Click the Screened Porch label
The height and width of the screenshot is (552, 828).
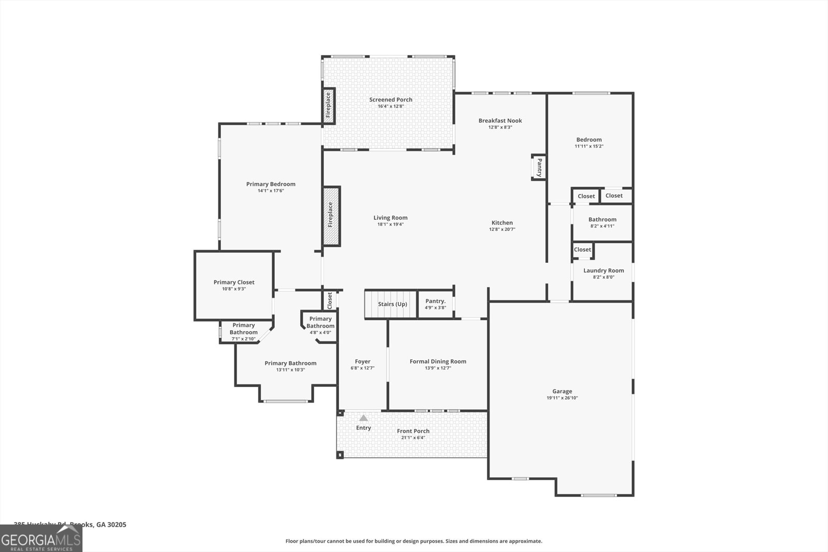pos(391,100)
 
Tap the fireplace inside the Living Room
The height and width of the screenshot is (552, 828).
pos(331,216)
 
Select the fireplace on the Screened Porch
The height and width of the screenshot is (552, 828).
pos(328,106)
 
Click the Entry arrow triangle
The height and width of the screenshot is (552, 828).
pos(363,418)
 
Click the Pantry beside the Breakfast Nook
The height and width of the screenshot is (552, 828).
pos(539,167)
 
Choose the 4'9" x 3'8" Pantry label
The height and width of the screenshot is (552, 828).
pos(435,307)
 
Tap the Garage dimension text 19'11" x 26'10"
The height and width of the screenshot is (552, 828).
pos(562,398)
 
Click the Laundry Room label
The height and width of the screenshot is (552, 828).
pos(603,271)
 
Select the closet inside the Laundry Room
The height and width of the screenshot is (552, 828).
pos(582,250)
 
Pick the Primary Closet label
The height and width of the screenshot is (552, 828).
pos(234,282)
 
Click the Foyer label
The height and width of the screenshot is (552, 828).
pos(362,362)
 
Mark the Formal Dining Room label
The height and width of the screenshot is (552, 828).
pos(438,362)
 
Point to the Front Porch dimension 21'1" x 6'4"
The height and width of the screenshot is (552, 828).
pos(413,438)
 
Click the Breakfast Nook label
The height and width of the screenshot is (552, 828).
pos(500,121)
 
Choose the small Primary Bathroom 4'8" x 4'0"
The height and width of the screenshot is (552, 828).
pos(320,325)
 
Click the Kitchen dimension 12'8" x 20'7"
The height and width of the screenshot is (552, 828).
pos(502,229)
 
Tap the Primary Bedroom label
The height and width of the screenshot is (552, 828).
pos(271,184)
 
